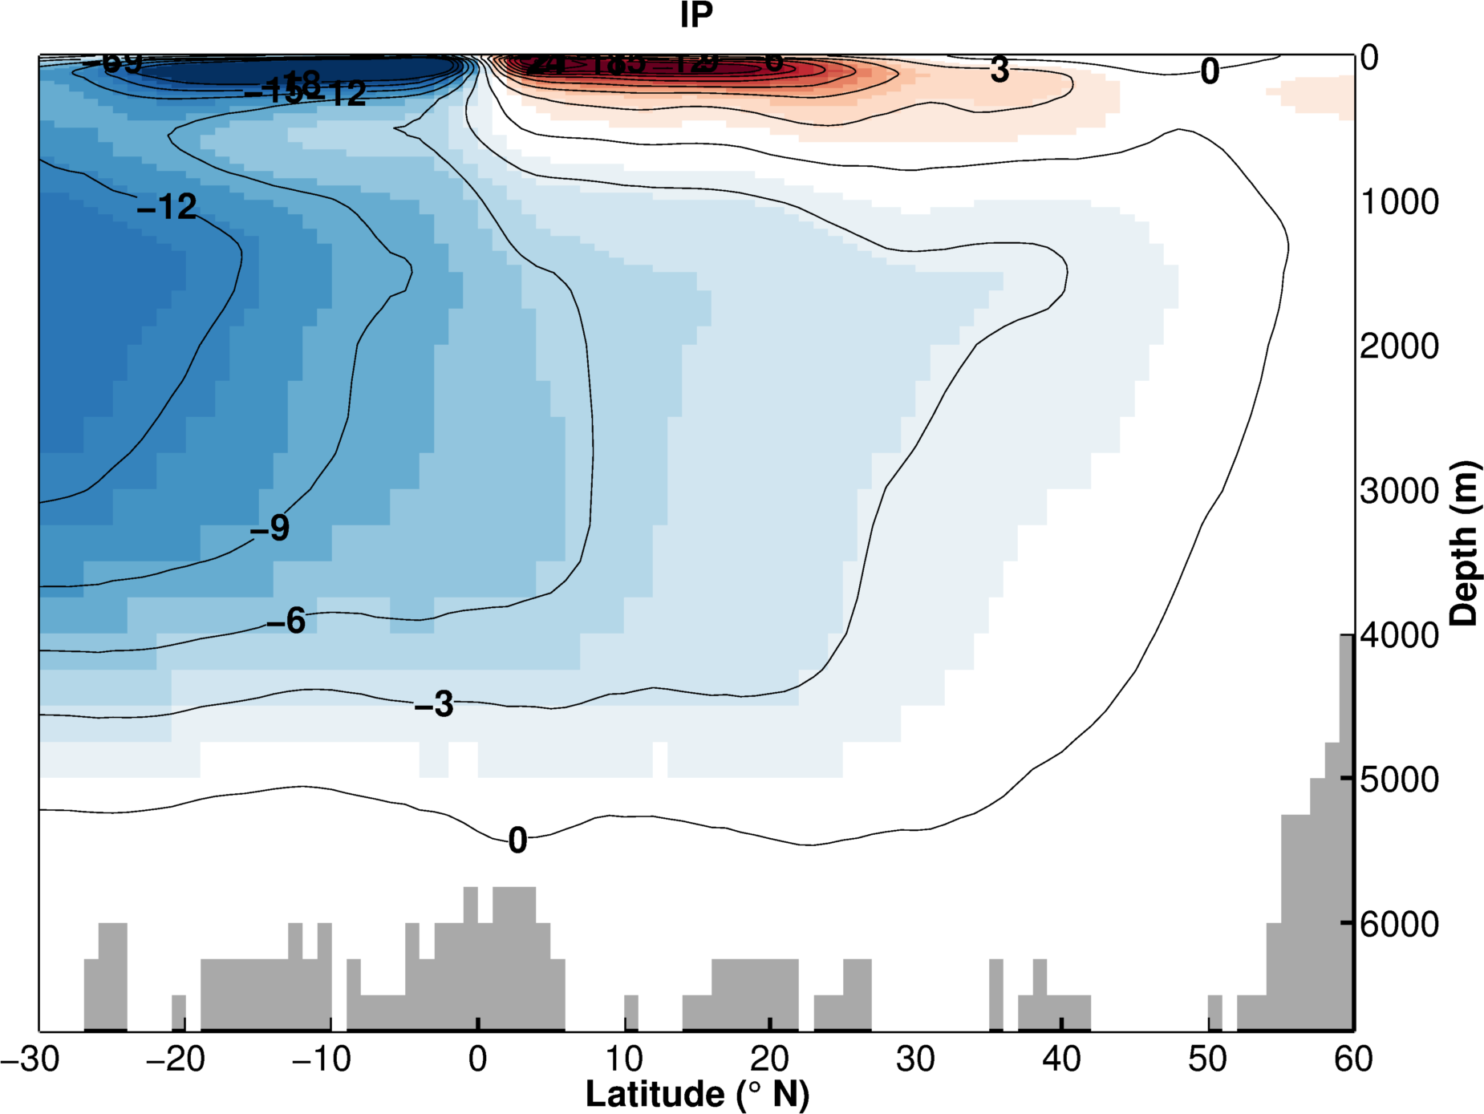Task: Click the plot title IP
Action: (x=695, y=15)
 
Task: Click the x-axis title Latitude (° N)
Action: (x=697, y=1094)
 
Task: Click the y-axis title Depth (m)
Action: (x=1464, y=543)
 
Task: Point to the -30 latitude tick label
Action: (x=30, y=1059)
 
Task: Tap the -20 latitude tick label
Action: (x=176, y=1059)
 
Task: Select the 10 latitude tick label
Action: (x=624, y=1059)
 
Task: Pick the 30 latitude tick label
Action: (x=915, y=1059)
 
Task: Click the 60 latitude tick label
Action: (x=1353, y=1059)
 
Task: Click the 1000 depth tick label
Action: (x=1400, y=202)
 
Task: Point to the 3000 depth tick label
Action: (x=1400, y=491)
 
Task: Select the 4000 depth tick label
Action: (x=1400, y=635)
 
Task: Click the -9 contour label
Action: (x=270, y=528)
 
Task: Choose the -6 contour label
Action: (x=286, y=621)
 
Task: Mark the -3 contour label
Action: (x=434, y=704)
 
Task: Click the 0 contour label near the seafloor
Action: (x=517, y=841)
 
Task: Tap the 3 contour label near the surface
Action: (x=999, y=70)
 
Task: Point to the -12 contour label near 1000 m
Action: (x=167, y=207)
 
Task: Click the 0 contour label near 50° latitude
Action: (x=1210, y=71)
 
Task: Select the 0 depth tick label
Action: (x=1369, y=58)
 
